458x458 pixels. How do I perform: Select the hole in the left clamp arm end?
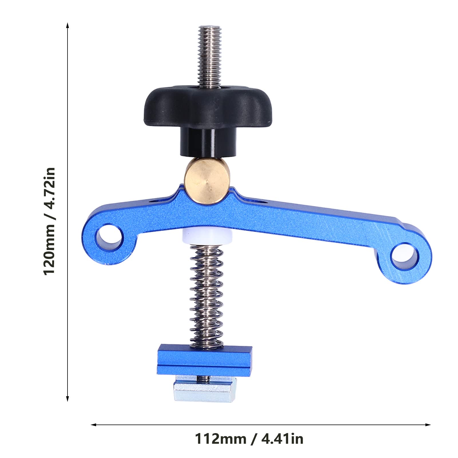pos(109,237)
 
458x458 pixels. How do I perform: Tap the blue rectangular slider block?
pos(205,359)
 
